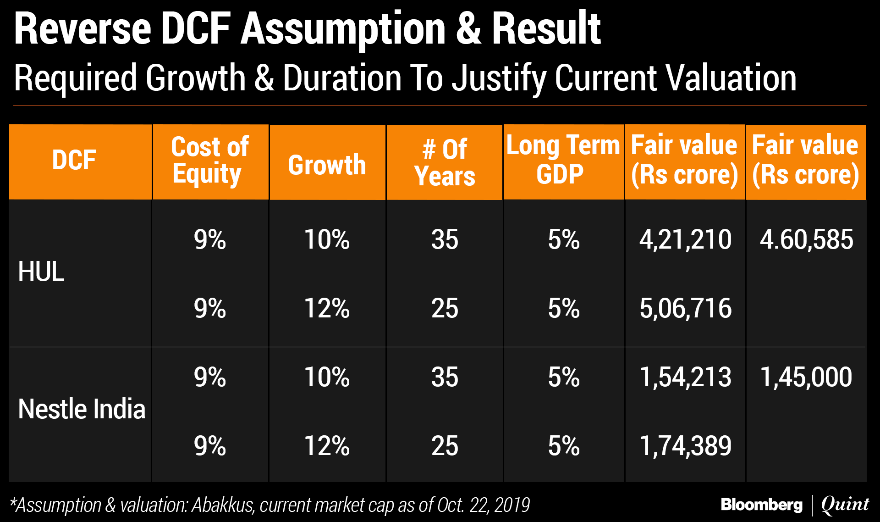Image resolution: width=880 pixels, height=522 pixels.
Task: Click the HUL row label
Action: coord(41,272)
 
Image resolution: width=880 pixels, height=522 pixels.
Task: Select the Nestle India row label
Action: coord(82,409)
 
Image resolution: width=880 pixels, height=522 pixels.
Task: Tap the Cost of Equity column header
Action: coord(210,161)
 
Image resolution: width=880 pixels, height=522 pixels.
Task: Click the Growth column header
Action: coord(327,165)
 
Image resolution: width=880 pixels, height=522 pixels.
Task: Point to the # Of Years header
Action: coord(445,162)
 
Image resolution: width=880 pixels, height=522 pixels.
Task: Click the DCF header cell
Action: coord(74,161)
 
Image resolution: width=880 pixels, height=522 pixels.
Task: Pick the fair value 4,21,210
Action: coord(685,239)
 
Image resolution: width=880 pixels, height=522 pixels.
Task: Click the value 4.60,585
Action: coord(806,239)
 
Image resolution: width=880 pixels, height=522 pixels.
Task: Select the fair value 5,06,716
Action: coord(685,308)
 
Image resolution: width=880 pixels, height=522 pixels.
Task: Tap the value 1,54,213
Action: coord(685,377)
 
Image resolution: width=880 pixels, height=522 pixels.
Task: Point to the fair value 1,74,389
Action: coord(685,446)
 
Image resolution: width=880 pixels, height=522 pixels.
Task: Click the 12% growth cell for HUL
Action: coord(327,308)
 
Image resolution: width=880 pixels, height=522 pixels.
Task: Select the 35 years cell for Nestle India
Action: coord(445,377)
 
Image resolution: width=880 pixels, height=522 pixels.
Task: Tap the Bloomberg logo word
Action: coord(762,505)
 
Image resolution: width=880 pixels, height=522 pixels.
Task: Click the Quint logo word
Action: coord(845,505)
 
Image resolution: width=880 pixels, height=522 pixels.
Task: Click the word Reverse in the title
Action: coord(82,28)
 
